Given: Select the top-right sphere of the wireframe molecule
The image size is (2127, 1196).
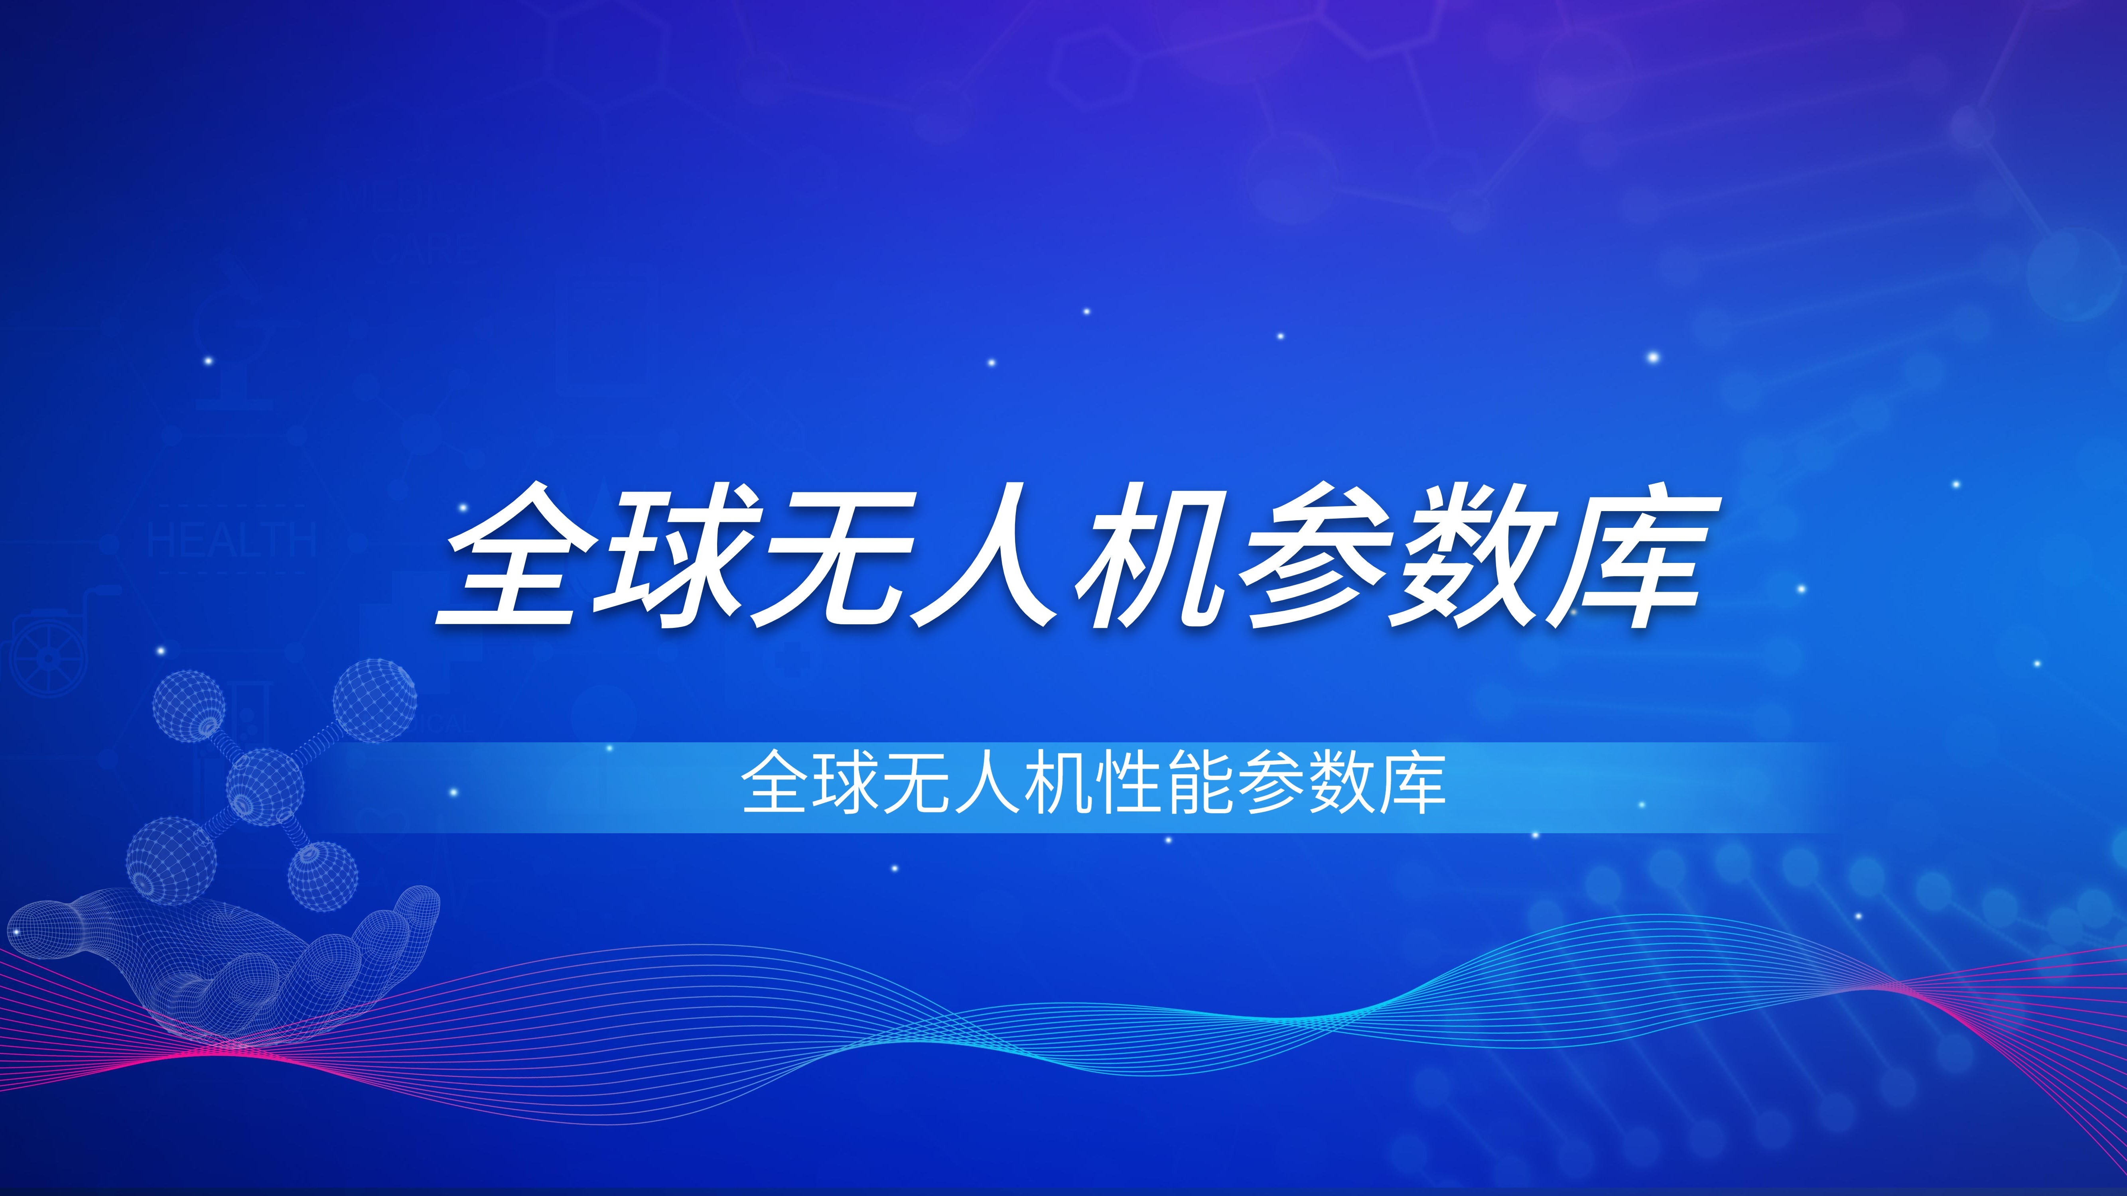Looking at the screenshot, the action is tap(374, 699).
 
